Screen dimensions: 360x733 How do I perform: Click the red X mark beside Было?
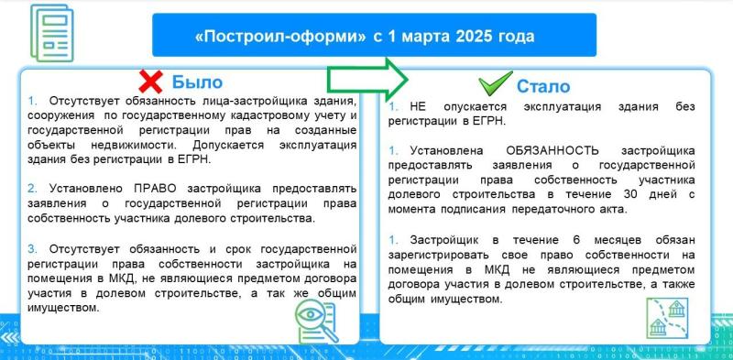coord(151,81)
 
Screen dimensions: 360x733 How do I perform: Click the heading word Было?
coord(197,82)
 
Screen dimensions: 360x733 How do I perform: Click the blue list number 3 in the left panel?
coord(32,248)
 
